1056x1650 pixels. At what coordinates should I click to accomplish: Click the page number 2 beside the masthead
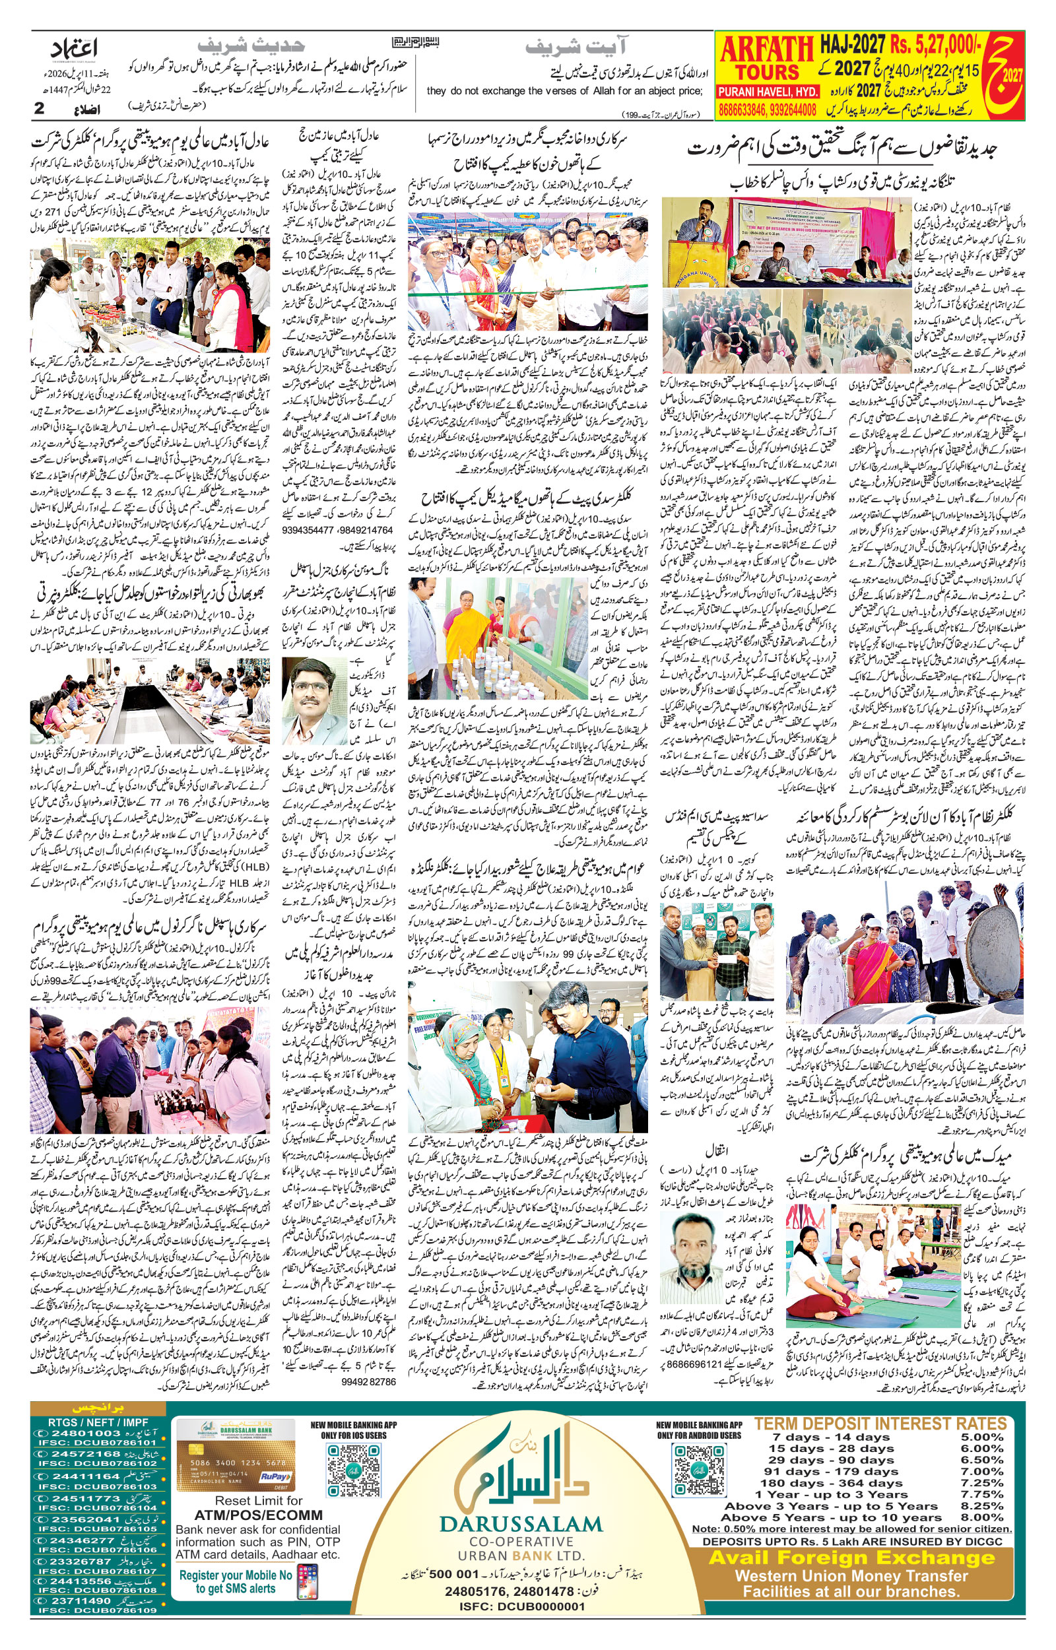39,108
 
